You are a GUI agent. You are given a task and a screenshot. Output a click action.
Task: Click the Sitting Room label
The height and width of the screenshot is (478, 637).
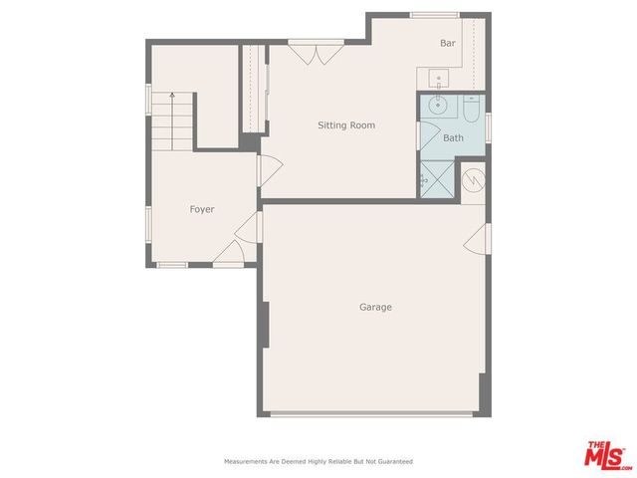[345, 125]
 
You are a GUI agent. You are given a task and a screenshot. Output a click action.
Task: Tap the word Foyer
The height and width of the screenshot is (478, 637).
[202, 209]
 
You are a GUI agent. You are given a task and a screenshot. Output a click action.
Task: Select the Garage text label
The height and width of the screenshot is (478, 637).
[375, 307]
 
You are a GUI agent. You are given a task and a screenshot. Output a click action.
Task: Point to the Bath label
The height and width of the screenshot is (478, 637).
[453, 138]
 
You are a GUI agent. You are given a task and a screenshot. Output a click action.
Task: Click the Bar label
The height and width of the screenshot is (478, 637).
[448, 44]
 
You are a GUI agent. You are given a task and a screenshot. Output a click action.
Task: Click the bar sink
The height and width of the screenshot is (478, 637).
[438, 77]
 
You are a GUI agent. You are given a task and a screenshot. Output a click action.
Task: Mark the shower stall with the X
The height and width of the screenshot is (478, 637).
[437, 180]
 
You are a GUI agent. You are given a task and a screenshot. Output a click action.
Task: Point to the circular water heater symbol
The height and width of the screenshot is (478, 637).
[475, 180]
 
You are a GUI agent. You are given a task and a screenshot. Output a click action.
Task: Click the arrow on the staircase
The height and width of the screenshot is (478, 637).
[172, 98]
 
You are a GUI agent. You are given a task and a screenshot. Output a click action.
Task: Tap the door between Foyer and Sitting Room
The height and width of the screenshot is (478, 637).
[261, 171]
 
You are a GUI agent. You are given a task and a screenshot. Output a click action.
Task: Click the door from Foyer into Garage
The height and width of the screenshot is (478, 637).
[253, 227]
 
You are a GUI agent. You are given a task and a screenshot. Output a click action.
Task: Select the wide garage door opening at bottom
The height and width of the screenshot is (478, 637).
[373, 414]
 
